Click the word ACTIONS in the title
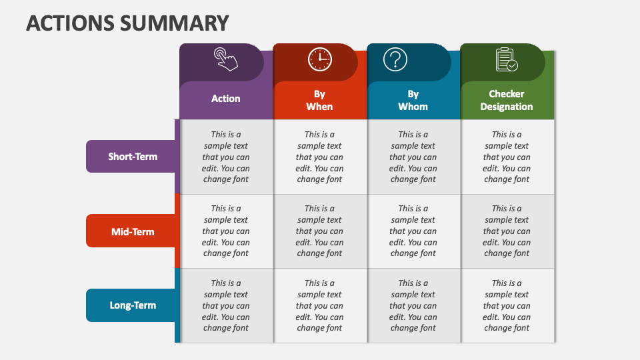pyautogui.click(x=70, y=23)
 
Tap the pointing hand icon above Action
pyautogui.click(x=226, y=59)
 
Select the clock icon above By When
pyautogui.click(x=319, y=59)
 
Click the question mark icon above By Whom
pyautogui.click(x=395, y=59)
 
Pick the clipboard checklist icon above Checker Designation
pyautogui.click(x=507, y=59)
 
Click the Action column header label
pyautogui.click(x=226, y=99)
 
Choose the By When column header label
pyautogui.click(x=319, y=101)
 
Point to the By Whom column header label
pyautogui.click(x=413, y=101)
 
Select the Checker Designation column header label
pyautogui.click(x=507, y=101)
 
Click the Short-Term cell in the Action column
pyautogui.click(x=227, y=157)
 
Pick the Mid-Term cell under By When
pyautogui.click(x=321, y=231)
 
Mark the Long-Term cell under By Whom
pyautogui.click(x=414, y=305)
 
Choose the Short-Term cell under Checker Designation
pyautogui.click(x=507, y=157)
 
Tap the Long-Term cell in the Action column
pyautogui.click(x=227, y=305)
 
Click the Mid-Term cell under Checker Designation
pyautogui.click(x=507, y=231)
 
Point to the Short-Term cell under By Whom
pyautogui.click(x=414, y=157)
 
